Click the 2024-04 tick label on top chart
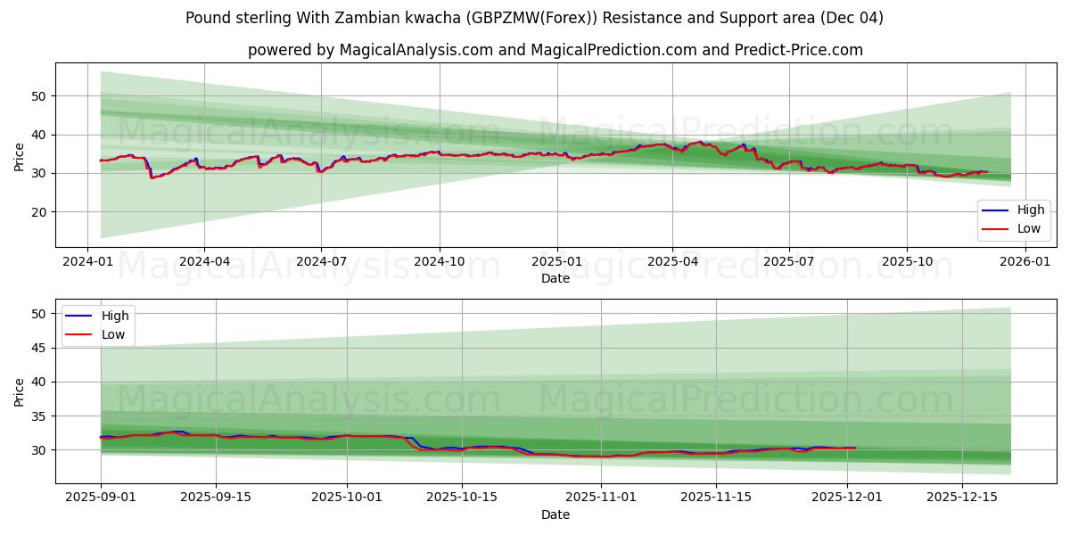coord(204,261)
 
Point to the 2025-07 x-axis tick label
coord(789,261)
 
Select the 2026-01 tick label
coord(1025,261)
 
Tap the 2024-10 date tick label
coord(439,261)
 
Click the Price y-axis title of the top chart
coord(20,155)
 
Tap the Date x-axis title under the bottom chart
coord(555,514)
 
